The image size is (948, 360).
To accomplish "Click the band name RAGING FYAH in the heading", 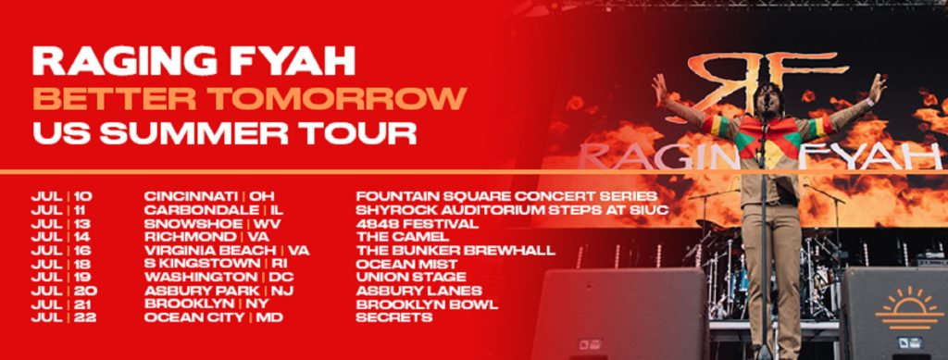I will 193,61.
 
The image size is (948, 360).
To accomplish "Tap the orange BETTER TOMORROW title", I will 249,97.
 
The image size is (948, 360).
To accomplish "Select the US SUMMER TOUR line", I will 224,132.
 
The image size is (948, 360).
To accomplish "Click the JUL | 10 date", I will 62,196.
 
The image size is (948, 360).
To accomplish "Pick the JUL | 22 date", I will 62,317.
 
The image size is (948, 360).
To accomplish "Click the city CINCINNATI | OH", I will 210,196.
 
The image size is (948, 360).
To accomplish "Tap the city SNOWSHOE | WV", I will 213,223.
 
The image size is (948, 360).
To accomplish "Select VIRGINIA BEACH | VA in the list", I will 227,250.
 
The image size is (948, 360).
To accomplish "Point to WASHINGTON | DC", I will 218,277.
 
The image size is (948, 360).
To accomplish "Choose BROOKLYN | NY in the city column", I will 206,304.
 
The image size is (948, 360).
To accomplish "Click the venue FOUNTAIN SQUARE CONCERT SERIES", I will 506,196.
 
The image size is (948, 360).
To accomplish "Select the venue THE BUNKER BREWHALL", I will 455,250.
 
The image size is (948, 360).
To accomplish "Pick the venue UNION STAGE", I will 410,277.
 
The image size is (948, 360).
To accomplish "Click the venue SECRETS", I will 393,317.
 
